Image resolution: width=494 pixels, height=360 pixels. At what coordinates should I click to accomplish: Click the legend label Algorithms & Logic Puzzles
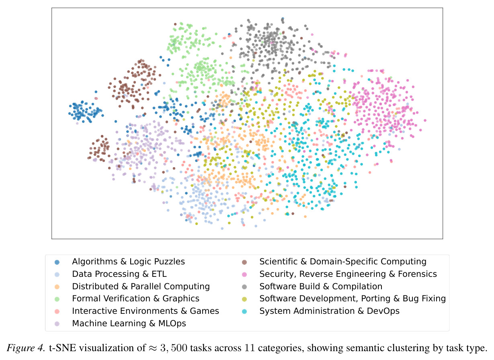tap(128, 262)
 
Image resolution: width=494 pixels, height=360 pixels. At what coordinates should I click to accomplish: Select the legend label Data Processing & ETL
tap(119, 274)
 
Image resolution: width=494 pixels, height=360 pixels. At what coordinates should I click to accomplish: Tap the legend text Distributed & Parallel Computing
tap(141, 286)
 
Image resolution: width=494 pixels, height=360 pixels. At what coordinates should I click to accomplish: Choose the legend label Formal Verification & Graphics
tap(135, 299)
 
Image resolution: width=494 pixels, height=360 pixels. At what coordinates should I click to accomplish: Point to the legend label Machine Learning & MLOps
tap(129, 323)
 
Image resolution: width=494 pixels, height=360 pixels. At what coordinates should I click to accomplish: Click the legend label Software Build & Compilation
tap(321, 286)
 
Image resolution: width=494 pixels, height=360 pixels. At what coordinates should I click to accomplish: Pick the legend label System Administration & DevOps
tap(330, 311)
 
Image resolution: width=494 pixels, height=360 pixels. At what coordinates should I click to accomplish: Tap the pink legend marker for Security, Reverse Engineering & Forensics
tap(244, 274)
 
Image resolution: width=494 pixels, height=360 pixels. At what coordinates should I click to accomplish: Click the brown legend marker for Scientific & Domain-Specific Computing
tap(244, 262)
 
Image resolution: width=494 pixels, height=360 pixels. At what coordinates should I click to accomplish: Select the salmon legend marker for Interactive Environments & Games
tap(57, 311)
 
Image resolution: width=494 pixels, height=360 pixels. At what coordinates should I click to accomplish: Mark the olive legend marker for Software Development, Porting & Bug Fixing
tap(244, 299)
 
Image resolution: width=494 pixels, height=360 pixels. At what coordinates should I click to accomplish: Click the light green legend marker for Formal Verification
tap(57, 299)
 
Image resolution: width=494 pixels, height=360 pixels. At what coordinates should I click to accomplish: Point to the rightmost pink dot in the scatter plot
tap(425, 121)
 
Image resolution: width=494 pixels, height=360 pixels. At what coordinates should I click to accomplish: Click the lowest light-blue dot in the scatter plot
tap(222, 228)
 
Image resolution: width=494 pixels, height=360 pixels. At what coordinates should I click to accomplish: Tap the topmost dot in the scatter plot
tap(283, 19)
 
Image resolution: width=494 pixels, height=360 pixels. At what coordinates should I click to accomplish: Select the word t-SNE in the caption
tap(63, 348)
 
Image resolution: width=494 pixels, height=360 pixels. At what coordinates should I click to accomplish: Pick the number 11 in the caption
tap(250, 348)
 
